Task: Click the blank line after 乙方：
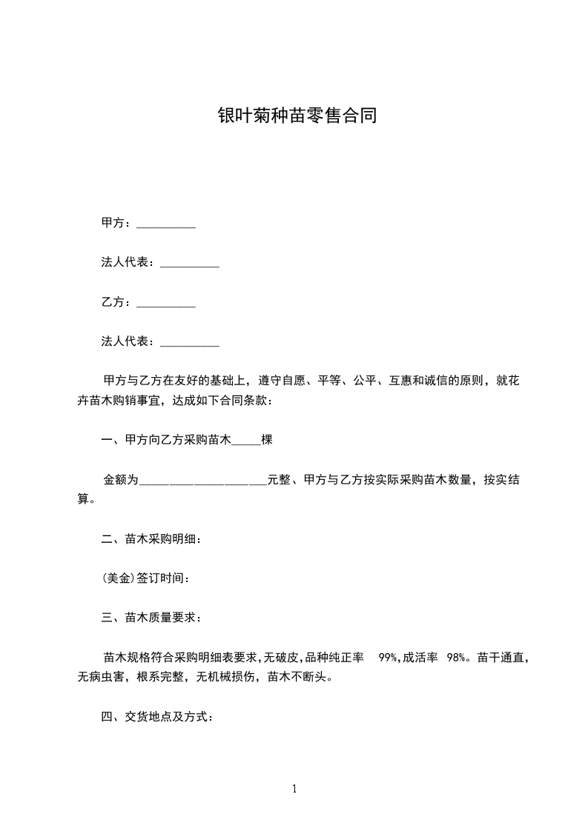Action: click(x=167, y=303)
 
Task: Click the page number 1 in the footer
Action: click(x=294, y=789)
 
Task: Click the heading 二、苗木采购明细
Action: click(x=151, y=539)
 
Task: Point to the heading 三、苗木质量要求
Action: click(x=151, y=618)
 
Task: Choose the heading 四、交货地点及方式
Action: click(x=157, y=717)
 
